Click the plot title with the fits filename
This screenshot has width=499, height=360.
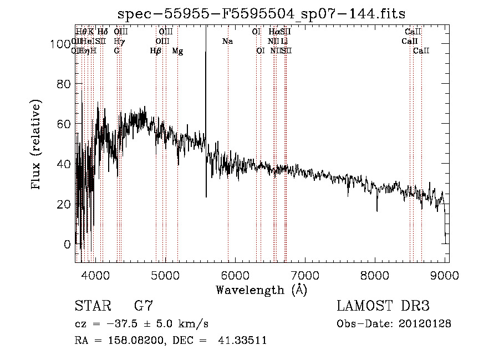pyautogui.click(x=262, y=14)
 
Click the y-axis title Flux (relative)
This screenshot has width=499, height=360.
pyautogui.click(x=37, y=145)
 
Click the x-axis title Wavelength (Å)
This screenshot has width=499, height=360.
pyautogui.click(x=261, y=290)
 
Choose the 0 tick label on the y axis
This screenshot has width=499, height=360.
pyautogui.click(x=68, y=244)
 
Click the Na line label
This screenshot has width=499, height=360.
pyautogui.click(x=227, y=41)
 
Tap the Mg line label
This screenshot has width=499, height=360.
pyautogui.click(x=177, y=51)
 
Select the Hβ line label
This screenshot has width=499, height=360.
pyautogui.click(x=156, y=51)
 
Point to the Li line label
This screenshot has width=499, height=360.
pyautogui.click(x=284, y=41)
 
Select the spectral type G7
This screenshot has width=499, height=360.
pyautogui.click(x=143, y=306)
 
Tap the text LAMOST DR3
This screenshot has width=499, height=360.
pyautogui.click(x=383, y=306)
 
